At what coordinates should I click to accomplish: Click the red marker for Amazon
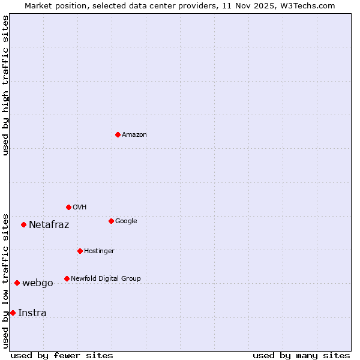(118, 134)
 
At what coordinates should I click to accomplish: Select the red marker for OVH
(68, 207)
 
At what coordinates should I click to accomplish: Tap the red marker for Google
(111, 221)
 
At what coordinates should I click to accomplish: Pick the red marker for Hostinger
(80, 251)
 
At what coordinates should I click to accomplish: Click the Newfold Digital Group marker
(67, 278)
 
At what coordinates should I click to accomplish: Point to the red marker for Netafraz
(23, 224)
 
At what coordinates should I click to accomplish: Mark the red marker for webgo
(17, 283)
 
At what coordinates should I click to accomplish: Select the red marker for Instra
(13, 313)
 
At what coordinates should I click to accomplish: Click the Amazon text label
(134, 135)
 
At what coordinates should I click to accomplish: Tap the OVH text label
(80, 208)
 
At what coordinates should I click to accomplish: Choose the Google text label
(126, 221)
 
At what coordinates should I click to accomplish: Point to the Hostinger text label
(99, 251)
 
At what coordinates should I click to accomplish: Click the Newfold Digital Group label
(106, 279)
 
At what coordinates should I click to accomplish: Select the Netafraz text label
(49, 225)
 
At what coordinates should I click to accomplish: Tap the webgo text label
(38, 283)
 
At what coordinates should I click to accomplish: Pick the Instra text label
(32, 313)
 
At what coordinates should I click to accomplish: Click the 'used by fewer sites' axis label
(62, 355)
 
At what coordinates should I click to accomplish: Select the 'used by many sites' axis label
(301, 355)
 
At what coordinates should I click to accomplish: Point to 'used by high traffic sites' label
(6, 85)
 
